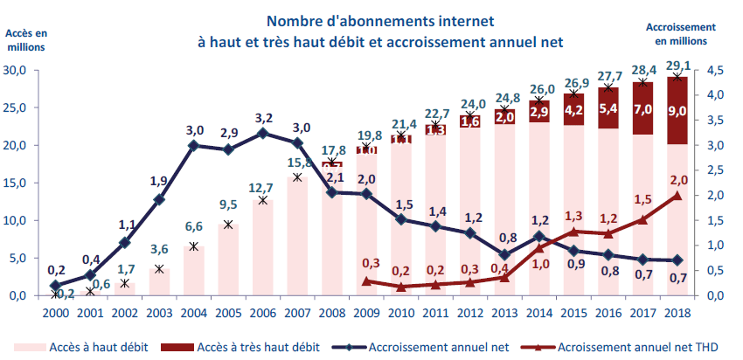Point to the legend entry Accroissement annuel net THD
pos(634,347)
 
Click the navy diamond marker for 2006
pos(263,133)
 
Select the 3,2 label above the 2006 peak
pos(263,115)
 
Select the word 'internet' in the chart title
pos(466,20)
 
